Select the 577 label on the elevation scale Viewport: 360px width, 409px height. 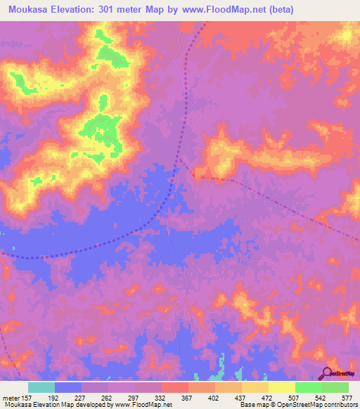(x=345, y=397)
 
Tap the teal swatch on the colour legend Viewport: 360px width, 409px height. (x=41, y=387)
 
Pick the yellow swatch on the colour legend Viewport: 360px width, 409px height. (x=281, y=387)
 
